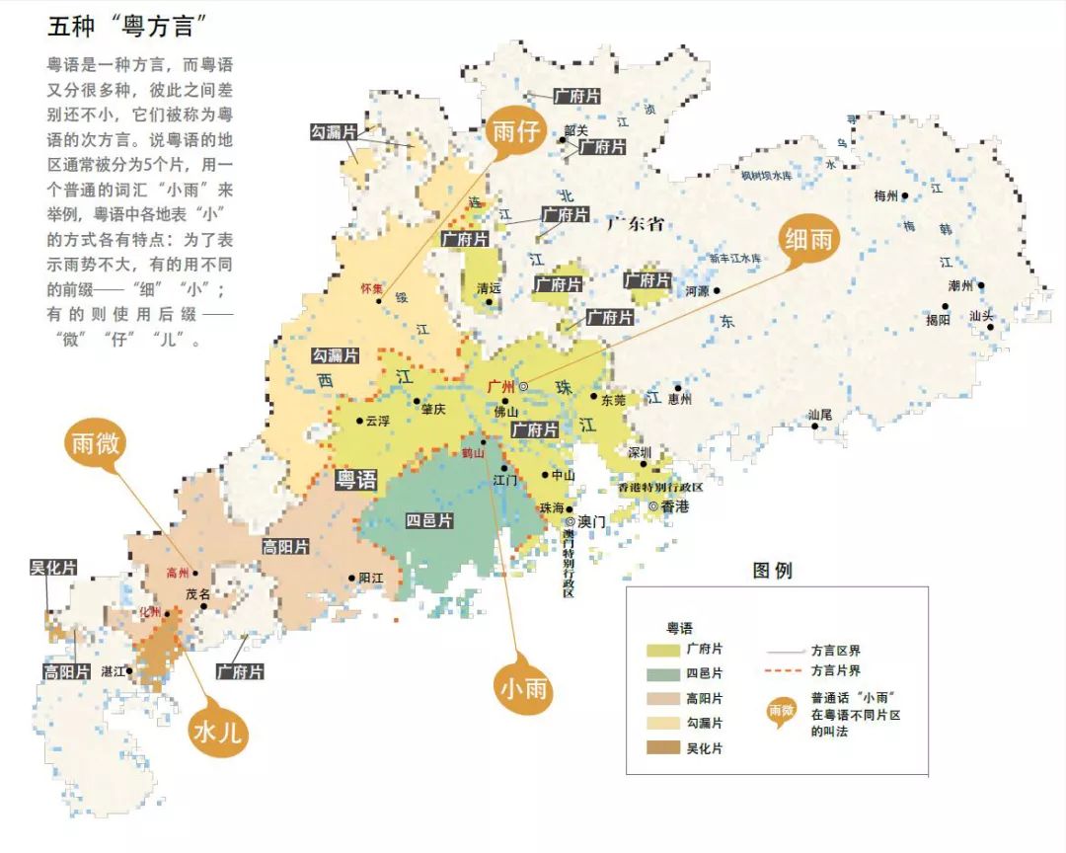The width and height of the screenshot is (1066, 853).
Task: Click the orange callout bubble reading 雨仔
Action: click(515, 133)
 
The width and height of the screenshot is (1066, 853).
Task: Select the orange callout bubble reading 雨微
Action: click(96, 444)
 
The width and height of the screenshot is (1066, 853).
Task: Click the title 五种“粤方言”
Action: click(133, 26)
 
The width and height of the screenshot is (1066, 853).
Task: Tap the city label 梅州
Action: click(885, 195)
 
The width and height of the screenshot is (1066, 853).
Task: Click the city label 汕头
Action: click(981, 316)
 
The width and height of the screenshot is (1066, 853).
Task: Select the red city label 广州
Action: click(502, 386)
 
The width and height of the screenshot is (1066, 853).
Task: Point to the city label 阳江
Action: click(370, 578)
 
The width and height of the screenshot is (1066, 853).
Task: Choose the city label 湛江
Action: click(114, 671)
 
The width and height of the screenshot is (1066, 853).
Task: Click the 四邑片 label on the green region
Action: click(429, 520)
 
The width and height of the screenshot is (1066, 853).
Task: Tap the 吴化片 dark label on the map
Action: click(53, 568)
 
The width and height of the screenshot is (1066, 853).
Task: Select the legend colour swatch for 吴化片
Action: click(663, 748)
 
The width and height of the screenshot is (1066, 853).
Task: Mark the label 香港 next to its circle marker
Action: click(675, 506)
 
